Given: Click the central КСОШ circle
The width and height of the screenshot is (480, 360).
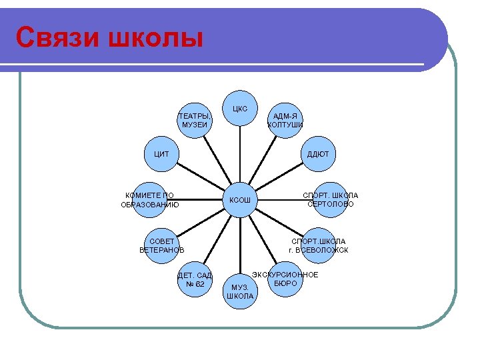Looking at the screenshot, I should pos(240,199).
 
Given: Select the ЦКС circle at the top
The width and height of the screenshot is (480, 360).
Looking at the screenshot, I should pos(240,109).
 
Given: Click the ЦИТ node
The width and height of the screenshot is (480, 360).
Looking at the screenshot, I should pos(162,154).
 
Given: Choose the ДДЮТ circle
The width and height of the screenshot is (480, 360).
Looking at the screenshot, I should pos(318,154).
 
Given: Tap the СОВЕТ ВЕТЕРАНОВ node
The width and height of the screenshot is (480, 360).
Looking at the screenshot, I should pos(162,245).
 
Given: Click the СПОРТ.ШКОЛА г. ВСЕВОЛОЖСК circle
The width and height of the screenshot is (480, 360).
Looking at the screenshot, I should pos(318,245).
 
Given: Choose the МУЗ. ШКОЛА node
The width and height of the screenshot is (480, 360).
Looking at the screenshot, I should pos(240,291).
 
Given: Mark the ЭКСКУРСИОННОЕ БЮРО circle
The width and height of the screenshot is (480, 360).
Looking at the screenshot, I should pos(285,278).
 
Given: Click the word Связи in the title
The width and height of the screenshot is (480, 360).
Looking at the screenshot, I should pos(53,37).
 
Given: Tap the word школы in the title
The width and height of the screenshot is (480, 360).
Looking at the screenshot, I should pos(150,37).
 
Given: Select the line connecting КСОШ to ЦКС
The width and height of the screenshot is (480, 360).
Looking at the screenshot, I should pos(240,154).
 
